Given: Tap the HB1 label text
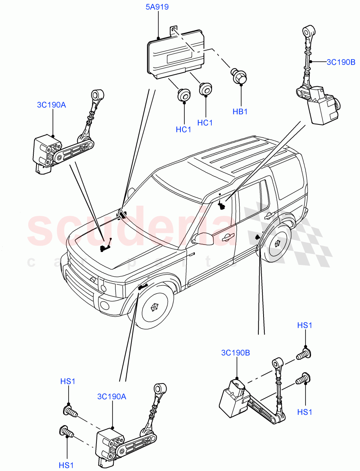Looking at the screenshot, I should [240, 112].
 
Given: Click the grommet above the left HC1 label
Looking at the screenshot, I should [183, 95].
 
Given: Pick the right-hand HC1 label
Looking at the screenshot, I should [205, 122].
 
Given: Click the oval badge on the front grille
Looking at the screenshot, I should [92, 279].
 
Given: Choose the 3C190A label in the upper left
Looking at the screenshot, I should [51, 105].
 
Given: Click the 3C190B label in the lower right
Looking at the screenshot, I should [235, 352].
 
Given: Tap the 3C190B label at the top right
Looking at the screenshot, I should [341, 62].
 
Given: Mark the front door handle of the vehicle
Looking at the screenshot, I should [226, 237].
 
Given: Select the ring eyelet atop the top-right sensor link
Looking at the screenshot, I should [307, 31].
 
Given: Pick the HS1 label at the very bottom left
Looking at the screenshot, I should [67, 466].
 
